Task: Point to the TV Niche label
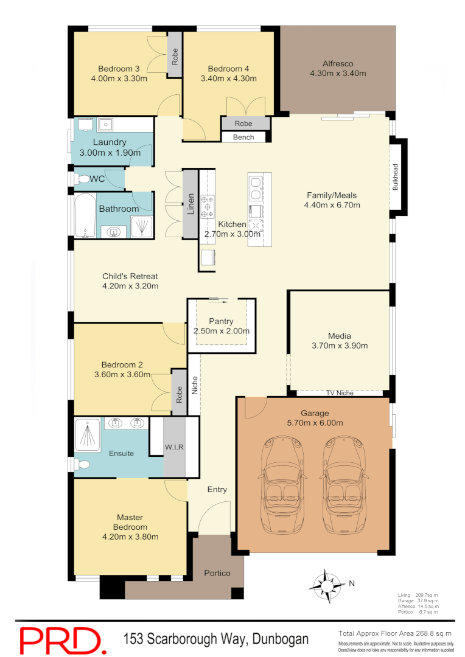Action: pos(340,393)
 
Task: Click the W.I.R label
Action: pos(174,447)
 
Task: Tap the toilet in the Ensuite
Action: pos(82,465)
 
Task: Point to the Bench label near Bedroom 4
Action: pos(243,137)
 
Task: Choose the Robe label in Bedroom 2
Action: pos(179,395)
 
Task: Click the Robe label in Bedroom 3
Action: pos(175,57)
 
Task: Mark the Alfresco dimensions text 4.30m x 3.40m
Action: pos(338,74)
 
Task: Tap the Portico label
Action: pos(217,573)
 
